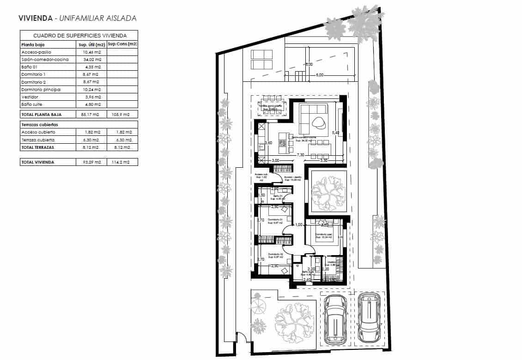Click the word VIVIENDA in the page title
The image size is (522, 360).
[35, 18]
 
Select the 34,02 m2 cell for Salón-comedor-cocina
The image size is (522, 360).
[89, 60]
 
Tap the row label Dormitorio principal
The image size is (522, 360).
[41, 89]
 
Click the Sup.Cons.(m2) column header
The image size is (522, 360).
[122, 44]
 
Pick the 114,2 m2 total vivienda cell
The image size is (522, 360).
[122, 162]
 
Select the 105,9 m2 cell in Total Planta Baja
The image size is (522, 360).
[122, 114]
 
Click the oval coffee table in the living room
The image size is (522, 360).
[318, 122]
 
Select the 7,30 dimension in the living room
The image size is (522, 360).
[300, 155]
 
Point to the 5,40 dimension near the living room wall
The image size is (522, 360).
[335, 133]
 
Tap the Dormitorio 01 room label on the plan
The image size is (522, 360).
[274, 220]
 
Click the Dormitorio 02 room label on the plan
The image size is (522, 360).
[274, 254]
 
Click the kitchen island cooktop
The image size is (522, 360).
[282, 144]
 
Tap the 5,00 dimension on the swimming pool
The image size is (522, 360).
[319, 74]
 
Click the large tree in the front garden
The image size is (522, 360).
[293, 320]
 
